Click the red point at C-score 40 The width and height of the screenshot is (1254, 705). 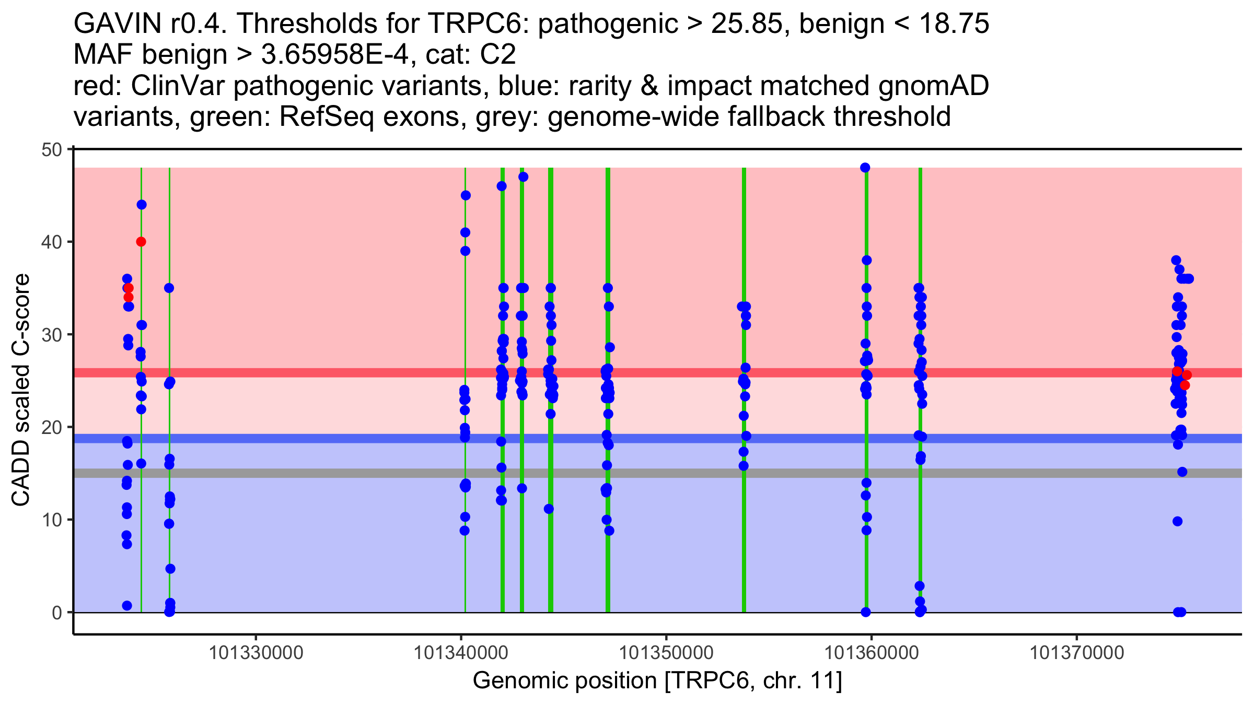point(141,242)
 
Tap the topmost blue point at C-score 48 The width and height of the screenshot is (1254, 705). point(865,168)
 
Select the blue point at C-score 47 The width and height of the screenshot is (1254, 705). point(524,177)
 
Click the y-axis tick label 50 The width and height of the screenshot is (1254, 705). point(51,150)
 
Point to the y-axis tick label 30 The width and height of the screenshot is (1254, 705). point(51,335)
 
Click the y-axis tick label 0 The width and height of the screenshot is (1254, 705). point(57,613)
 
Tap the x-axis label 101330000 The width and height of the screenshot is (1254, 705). point(256,653)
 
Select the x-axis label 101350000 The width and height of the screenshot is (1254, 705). point(666,653)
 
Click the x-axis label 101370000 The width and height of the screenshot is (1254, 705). point(1076,653)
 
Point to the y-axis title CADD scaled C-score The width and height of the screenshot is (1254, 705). point(21,390)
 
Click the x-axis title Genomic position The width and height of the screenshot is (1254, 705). point(565,681)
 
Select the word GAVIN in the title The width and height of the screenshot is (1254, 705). point(118,24)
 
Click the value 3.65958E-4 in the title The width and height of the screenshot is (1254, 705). point(334,55)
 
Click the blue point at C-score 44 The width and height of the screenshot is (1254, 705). point(142,205)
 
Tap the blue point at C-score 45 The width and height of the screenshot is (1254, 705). point(466,195)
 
